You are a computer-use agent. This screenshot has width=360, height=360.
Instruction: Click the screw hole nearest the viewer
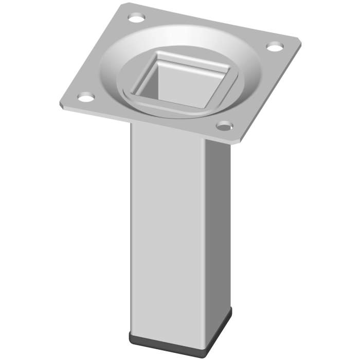tap(224, 125)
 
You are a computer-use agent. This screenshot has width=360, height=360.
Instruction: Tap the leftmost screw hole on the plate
tap(86, 96)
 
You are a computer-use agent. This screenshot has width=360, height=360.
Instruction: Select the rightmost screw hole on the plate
tap(275, 47)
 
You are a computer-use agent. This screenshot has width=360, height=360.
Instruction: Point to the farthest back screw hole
tap(136, 19)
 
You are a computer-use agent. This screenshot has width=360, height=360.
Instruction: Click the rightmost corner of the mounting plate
tap(300, 41)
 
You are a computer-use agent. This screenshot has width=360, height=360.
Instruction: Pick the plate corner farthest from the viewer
tap(125, 4)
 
